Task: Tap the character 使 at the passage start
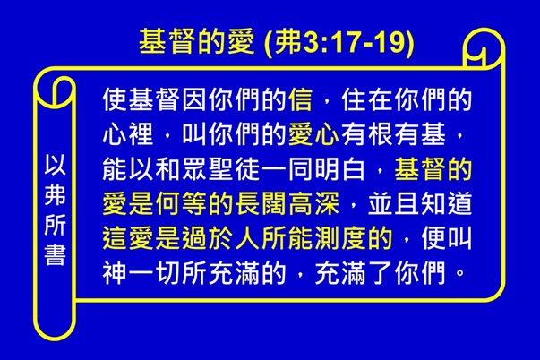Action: click(x=115, y=96)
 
